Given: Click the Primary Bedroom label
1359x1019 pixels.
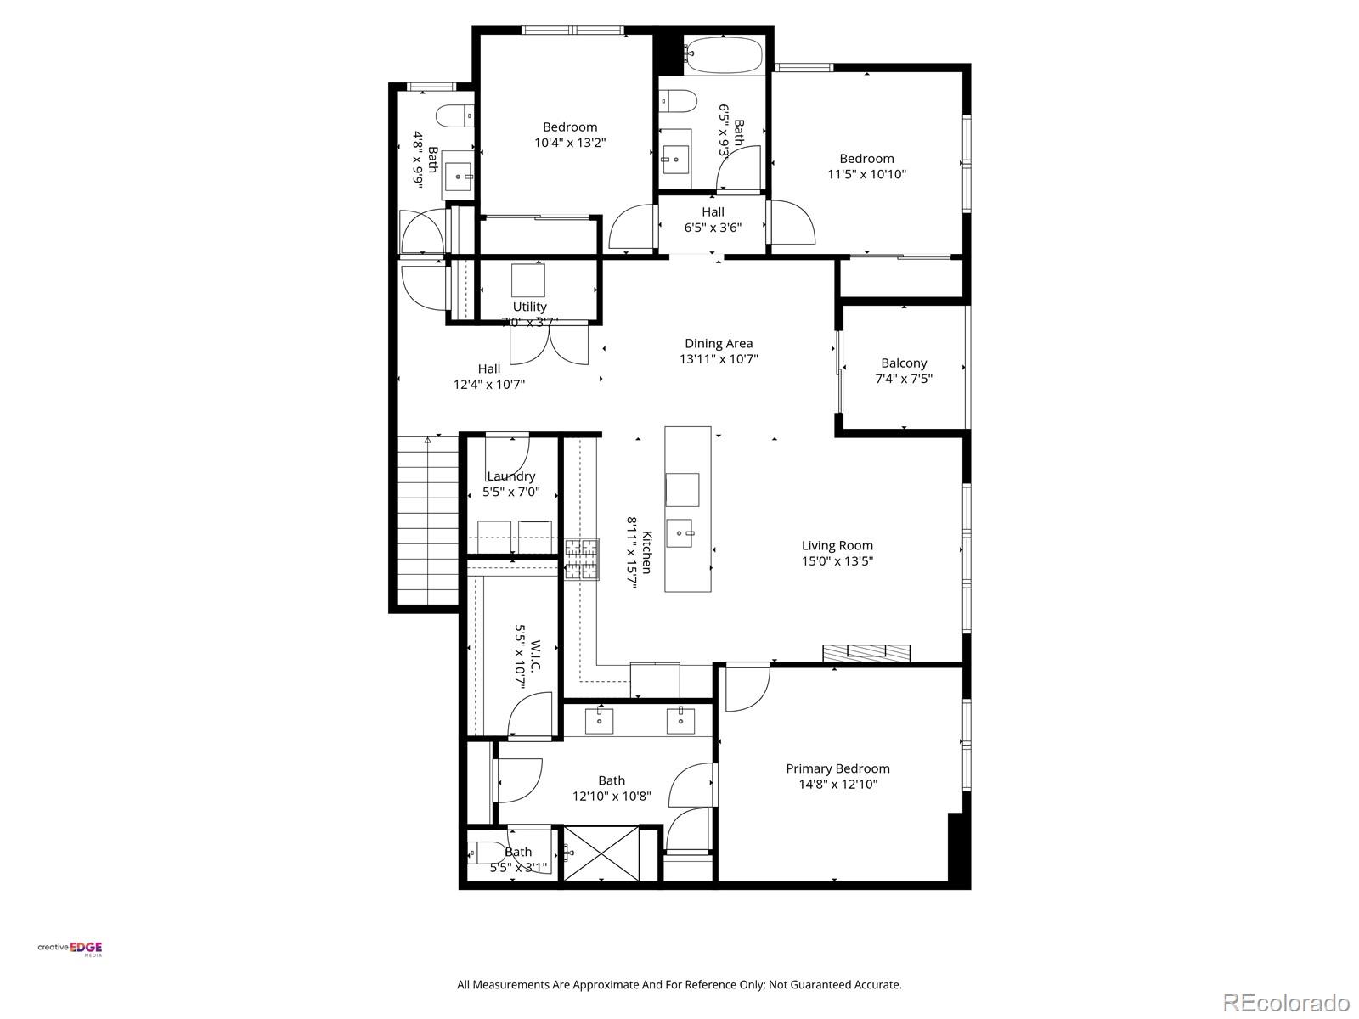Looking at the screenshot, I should [x=837, y=768].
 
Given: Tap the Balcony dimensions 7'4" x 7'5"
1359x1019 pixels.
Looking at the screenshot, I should [x=904, y=379].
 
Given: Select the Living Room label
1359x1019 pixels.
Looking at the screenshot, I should [x=837, y=545].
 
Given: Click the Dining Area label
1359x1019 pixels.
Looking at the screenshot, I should [x=719, y=343].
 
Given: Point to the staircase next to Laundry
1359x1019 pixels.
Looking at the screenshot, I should [x=427, y=520].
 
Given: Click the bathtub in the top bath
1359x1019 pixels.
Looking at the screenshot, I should [x=725, y=55].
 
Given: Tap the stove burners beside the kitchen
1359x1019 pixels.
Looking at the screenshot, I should [x=582, y=560].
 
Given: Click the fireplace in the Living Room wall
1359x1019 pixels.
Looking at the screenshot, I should [x=866, y=653].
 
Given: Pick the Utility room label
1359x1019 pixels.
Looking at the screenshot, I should [x=529, y=307].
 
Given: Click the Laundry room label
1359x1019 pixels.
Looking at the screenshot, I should [x=511, y=476].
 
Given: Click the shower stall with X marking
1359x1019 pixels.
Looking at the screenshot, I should [x=601, y=853].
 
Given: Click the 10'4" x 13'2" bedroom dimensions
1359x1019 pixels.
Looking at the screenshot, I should [x=570, y=143].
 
